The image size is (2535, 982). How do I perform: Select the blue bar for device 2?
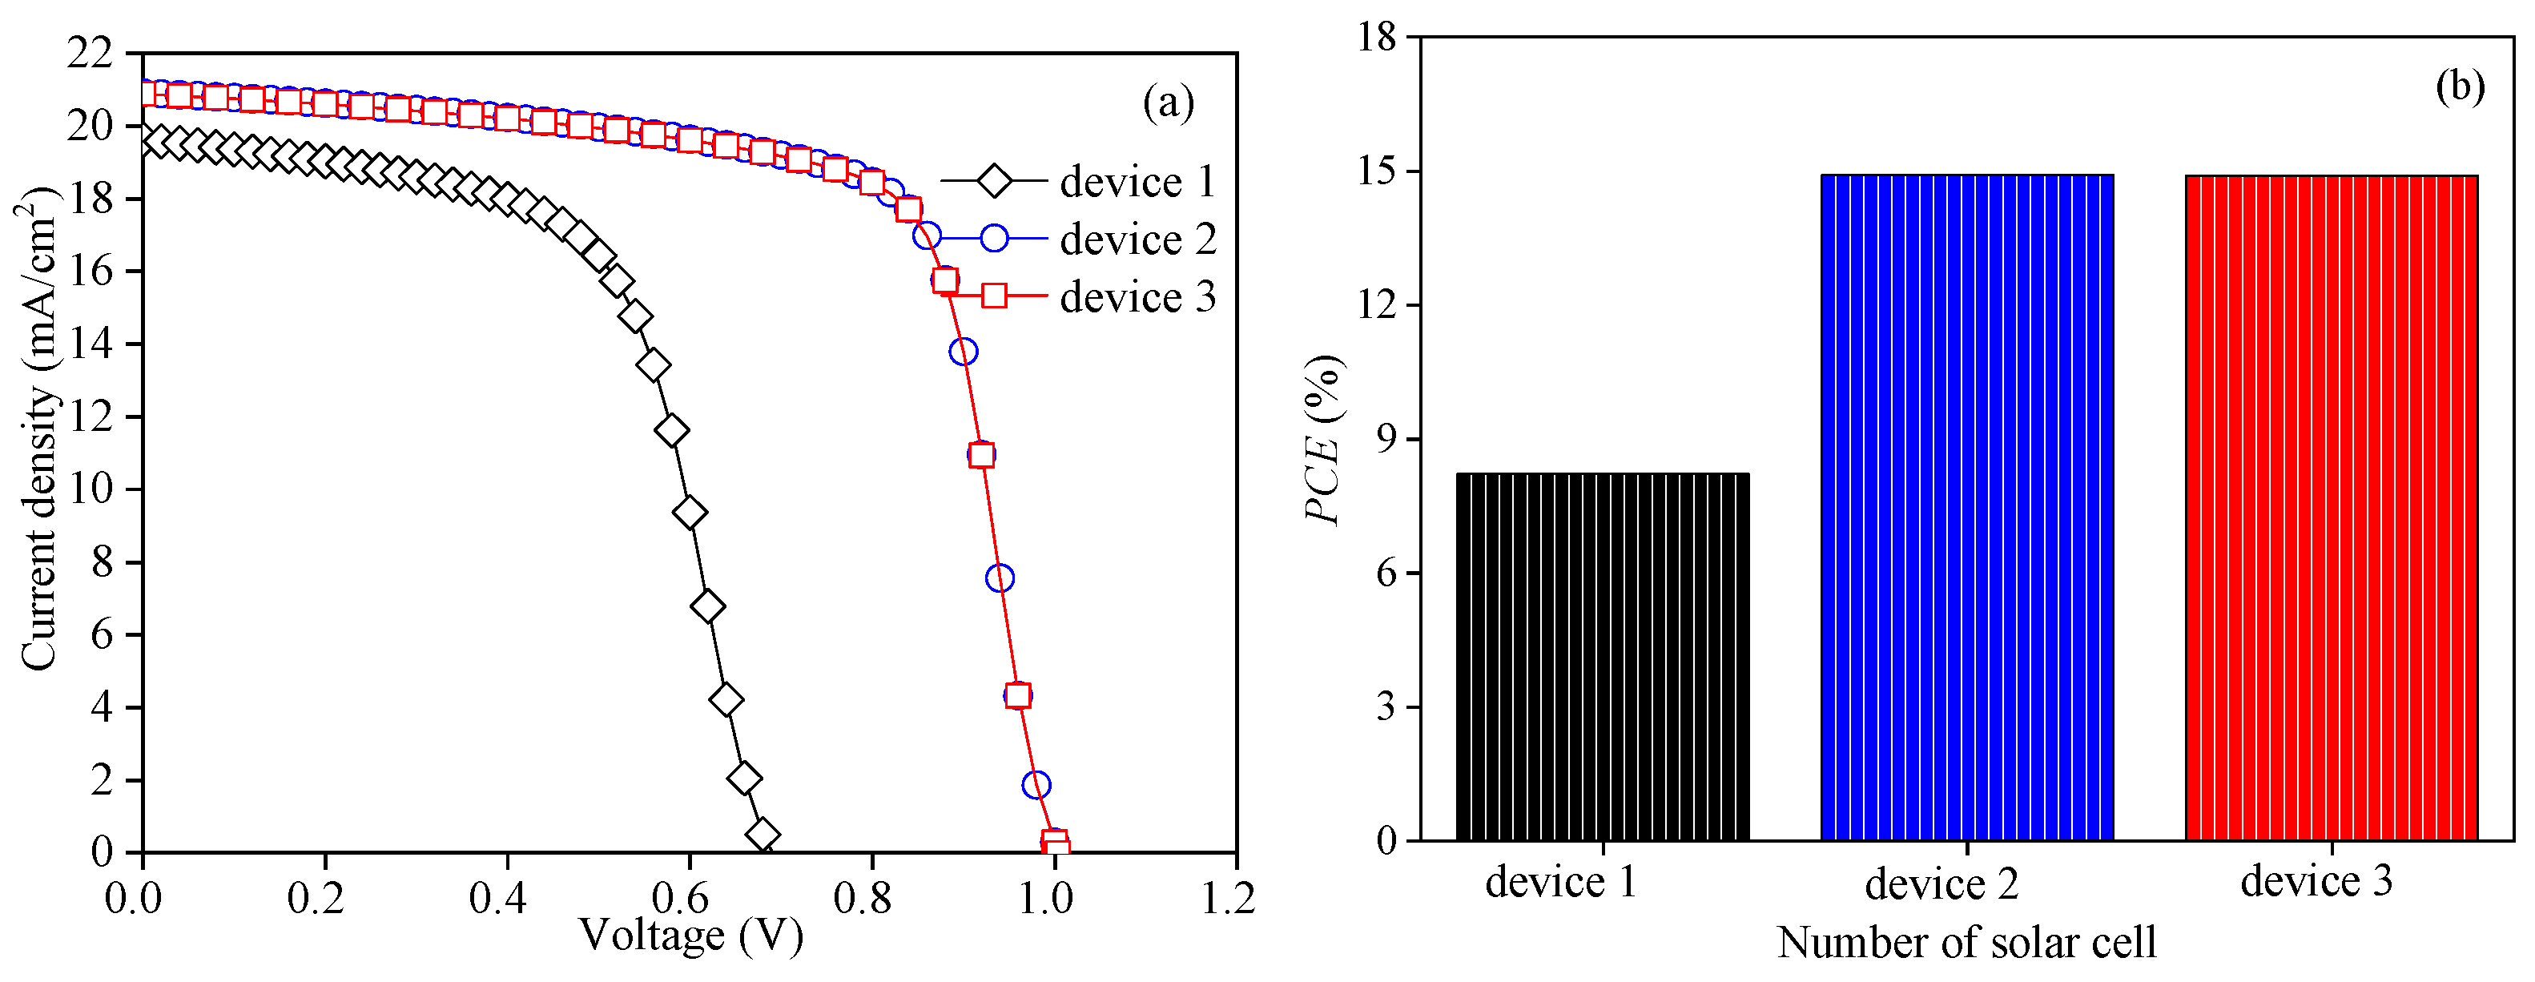1966,507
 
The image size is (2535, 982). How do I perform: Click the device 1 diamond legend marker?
994,181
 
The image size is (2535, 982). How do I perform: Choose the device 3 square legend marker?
994,296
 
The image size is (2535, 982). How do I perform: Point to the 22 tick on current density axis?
91,53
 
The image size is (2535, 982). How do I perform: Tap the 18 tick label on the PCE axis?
1377,38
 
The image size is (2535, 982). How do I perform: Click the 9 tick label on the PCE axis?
1386,439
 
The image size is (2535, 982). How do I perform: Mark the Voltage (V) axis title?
691,936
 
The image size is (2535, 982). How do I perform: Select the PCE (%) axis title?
1322,439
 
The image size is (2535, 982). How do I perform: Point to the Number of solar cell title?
1966,943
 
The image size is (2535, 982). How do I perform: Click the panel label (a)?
1168,102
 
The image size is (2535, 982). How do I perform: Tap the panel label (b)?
2459,87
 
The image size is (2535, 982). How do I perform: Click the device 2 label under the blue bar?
1941,883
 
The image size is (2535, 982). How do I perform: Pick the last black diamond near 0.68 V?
763,835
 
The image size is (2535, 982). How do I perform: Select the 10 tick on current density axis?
91,489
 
